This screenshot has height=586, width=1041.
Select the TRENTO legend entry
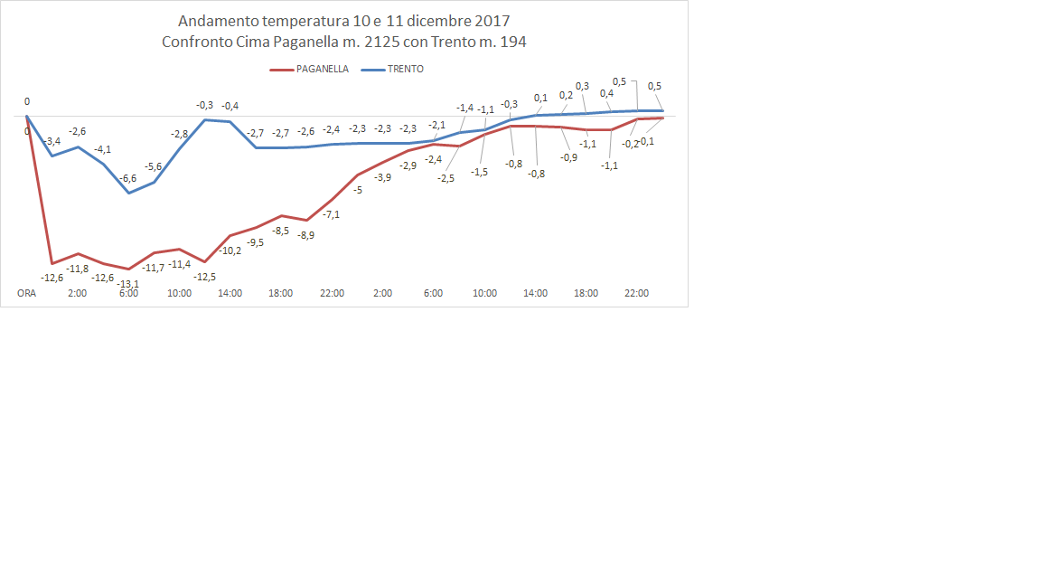click(405, 69)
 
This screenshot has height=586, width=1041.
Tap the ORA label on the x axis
click(27, 294)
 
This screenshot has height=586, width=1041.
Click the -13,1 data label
click(128, 283)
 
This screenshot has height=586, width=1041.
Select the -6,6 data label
click(128, 179)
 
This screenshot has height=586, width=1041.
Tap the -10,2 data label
click(230, 250)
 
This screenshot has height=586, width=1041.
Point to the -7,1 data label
click(332, 214)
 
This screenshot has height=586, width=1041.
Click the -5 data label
click(357, 190)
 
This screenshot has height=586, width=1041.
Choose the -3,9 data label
click(382, 178)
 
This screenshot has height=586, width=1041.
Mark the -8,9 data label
click(305, 235)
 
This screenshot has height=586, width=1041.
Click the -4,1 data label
click(103, 149)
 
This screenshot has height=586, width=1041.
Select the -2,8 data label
click(180, 135)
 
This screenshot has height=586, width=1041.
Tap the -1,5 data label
click(479, 172)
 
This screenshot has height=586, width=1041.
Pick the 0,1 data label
click(540, 98)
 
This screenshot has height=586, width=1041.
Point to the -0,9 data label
click(568, 157)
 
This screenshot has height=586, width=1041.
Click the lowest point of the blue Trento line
click(129, 193)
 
